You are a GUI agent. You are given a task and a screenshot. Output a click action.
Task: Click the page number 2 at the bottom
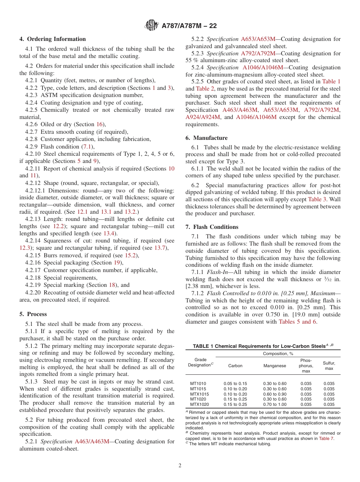(x=180, y=465)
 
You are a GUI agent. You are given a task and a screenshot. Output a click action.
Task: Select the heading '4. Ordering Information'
(x=53, y=39)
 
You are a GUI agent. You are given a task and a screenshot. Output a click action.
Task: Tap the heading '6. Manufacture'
(x=210, y=138)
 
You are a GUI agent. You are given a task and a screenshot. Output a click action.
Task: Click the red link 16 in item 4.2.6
(x=99, y=124)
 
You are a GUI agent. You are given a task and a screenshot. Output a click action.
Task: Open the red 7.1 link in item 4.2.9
(x=86, y=147)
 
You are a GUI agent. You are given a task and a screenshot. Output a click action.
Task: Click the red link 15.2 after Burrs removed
(x=132, y=255)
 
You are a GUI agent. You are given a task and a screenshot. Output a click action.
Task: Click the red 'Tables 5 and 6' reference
(x=297, y=322)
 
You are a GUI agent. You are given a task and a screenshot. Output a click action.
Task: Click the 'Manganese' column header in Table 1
(x=274, y=366)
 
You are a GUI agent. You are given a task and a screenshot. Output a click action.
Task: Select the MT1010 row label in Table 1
(x=198, y=383)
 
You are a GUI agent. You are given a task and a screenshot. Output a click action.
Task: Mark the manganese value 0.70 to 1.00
(x=275, y=404)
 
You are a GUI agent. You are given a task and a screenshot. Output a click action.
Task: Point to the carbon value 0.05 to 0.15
(x=235, y=383)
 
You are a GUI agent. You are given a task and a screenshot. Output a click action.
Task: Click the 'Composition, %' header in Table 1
(x=278, y=353)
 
